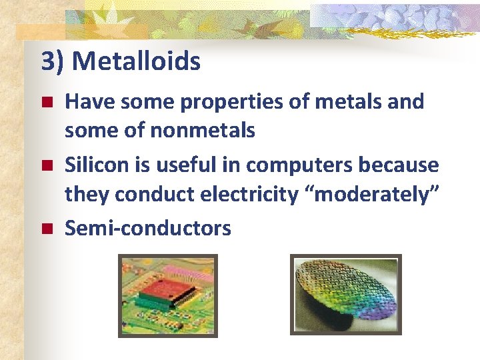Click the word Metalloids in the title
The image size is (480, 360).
point(136,62)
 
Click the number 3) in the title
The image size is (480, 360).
point(53,62)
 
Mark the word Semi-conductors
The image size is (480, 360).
point(147,229)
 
